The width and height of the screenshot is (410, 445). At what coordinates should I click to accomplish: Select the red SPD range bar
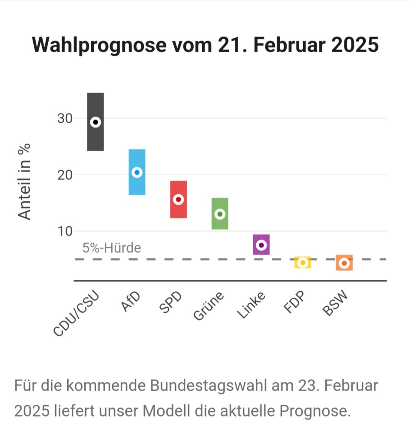coord(178,211)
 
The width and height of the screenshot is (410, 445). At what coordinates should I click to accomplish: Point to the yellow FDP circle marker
coord(303,263)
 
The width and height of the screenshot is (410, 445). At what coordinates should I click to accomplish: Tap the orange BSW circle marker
coord(344,263)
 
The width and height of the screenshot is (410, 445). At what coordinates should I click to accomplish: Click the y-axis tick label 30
coord(65,118)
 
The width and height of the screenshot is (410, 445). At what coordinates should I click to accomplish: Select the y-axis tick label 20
coord(65,175)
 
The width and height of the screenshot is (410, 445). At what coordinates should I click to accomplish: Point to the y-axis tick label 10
coord(65,231)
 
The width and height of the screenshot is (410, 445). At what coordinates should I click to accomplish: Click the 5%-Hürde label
coord(112,248)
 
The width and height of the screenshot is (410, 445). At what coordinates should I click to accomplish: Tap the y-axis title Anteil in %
coord(25,181)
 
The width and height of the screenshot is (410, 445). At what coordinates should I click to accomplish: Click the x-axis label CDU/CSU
coord(76,314)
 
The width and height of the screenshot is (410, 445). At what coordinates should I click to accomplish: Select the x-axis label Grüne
coord(208,306)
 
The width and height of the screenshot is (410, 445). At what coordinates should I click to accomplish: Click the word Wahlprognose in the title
coord(99,45)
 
